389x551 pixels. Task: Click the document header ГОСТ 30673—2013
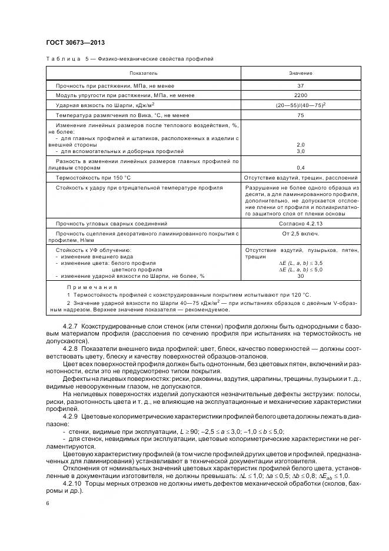pyautogui.click(x=71, y=42)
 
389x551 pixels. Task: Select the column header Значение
pyautogui.click(x=301, y=73)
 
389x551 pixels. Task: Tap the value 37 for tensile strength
pyautogui.click(x=301, y=85)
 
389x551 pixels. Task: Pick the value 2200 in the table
pyautogui.click(x=301, y=95)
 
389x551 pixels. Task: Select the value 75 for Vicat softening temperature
pyautogui.click(x=301, y=115)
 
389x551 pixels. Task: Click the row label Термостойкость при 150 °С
pyautogui.click(x=93, y=177)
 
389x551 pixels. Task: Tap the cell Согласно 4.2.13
pyautogui.click(x=301, y=224)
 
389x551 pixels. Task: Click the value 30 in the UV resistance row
pyautogui.click(x=301, y=275)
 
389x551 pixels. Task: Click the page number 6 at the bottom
pyautogui.click(x=47, y=503)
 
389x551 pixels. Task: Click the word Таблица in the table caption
pyautogui.click(x=60, y=59)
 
